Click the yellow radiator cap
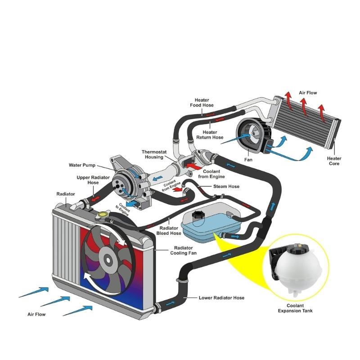pyautogui.click(x=103, y=216)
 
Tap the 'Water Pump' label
pyautogui.click(x=82, y=165)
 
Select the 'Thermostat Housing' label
pyautogui.click(x=154, y=154)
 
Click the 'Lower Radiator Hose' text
pyautogui.click(x=221, y=298)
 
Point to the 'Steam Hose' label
pyautogui.click(x=226, y=186)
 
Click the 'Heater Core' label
pyautogui.click(x=334, y=161)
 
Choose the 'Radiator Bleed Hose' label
pyautogui.click(x=169, y=231)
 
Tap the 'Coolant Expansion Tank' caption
pyautogui.click(x=295, y=308)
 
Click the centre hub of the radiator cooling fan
pyautogui.click(x=108, y=260)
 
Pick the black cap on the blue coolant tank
pyautogui.click(x=197, y=216)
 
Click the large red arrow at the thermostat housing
pyautogui.click(x=193, y=166)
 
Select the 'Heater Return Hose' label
pyautogui.click(x=210, y=135)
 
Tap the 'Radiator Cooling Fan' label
pyautogui.click(x=183, y=251)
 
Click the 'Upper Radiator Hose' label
pyautogui.click(x=93, y=180)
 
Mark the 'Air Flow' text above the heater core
pyautogui.click(x=308, y=93)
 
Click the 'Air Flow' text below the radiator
pyautogui.click(x=36, y=314)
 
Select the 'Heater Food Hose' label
pyautogui.click(x=202, y=103)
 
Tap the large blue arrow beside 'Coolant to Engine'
pyautogui.click(x=132, y=203)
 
